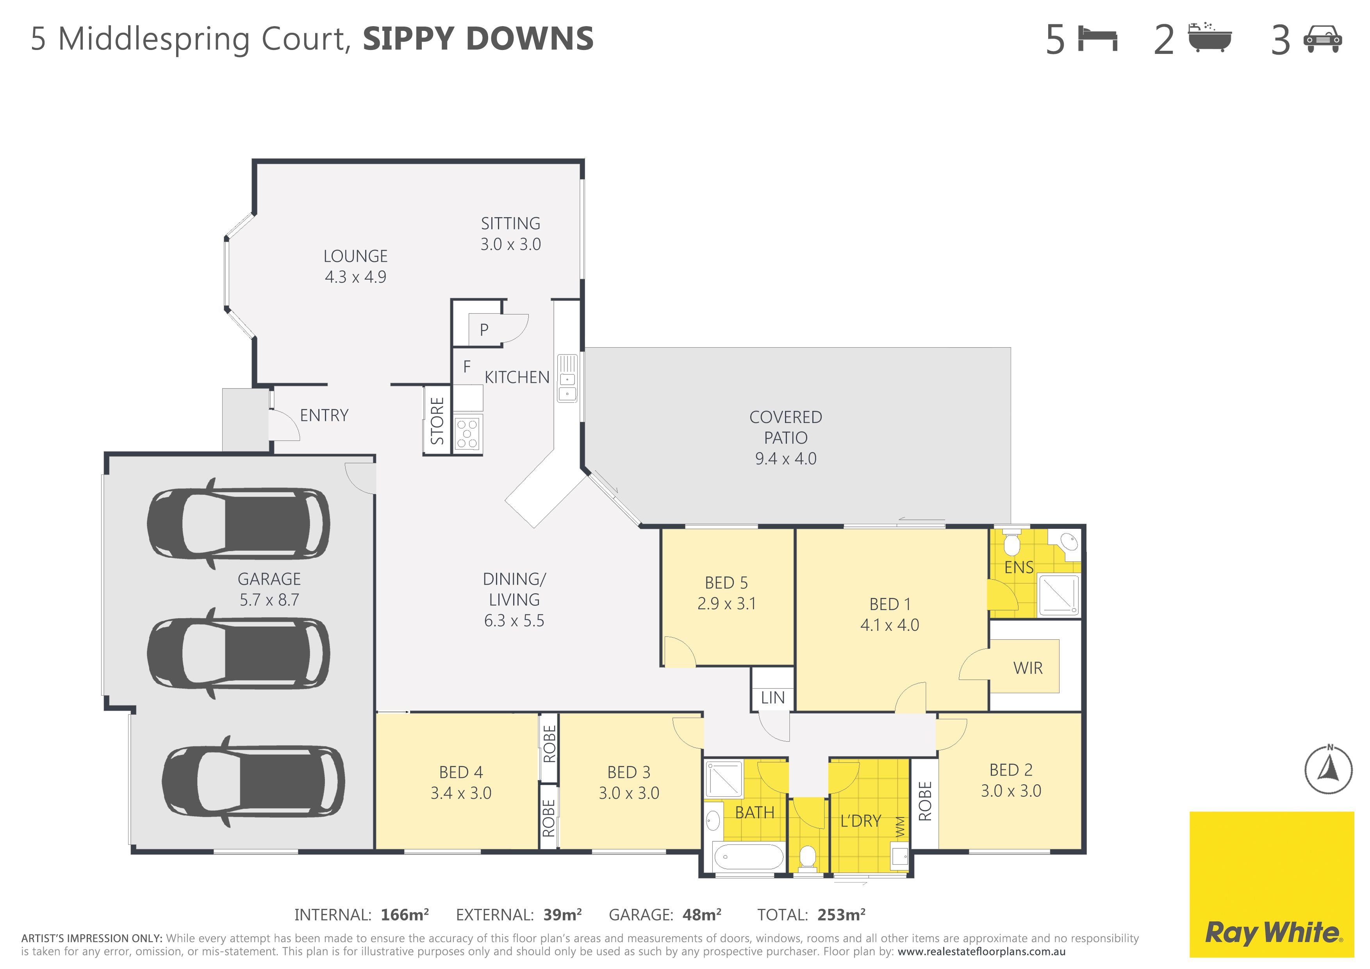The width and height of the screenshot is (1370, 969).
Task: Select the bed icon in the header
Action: click(1097, 39)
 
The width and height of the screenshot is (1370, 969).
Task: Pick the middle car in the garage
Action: click(238, 653)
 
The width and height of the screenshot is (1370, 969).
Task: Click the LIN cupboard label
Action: click(773, 698)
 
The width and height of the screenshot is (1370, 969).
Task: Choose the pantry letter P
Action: click(484, 329)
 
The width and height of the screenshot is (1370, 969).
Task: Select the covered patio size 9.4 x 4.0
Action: click(786, 458)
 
